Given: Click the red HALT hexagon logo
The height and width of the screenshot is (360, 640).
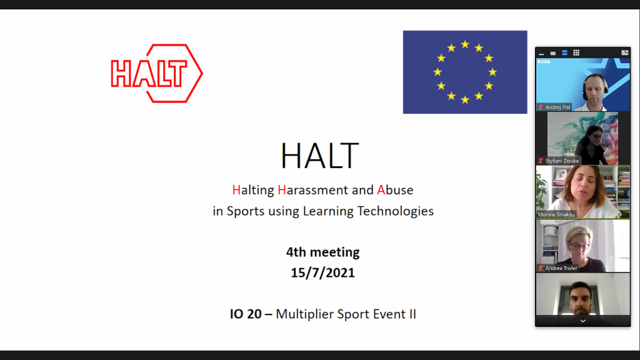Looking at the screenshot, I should (x=156, y=73).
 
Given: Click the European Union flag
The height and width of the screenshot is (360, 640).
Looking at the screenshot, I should (x=465, y=72).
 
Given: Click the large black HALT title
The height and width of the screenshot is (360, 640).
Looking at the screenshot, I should (x=320, y=156).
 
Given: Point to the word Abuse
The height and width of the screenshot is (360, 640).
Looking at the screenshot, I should (x=395, y=189).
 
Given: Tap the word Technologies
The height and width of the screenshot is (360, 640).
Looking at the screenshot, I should (x=395, y=211).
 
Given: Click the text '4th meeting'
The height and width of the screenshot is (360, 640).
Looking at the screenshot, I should (x=323, y=252).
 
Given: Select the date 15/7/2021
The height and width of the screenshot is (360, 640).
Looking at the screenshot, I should (x=323, y=273).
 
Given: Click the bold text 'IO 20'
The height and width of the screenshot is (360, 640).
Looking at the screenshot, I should (x=246, y=314).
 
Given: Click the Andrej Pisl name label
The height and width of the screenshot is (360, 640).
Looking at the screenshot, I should (x=557, y=107).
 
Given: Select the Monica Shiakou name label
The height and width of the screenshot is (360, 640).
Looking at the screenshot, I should (x=556, y=214).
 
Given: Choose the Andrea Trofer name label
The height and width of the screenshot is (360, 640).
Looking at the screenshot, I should (x=561, y=268).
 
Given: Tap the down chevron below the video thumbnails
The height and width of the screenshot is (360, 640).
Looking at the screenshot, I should (x=582, y=321).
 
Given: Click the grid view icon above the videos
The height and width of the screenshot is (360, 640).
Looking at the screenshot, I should (x=576, y=53).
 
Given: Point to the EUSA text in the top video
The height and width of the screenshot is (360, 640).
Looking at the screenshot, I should (x=544, y=62).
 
